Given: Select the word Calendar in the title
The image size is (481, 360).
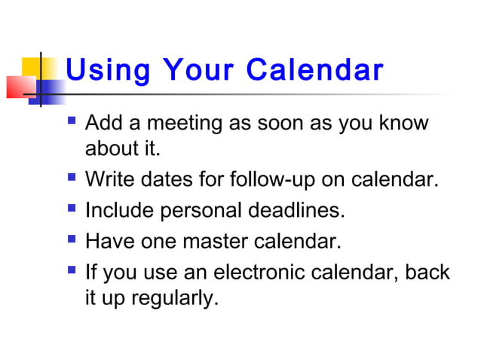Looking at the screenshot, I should pyautogui.click(x=317, y=71).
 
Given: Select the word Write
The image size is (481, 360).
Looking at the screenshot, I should pyautogui.click(x=110, y=181).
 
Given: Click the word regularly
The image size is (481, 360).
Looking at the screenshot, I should pyautogui.click(x=174, y=298).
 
